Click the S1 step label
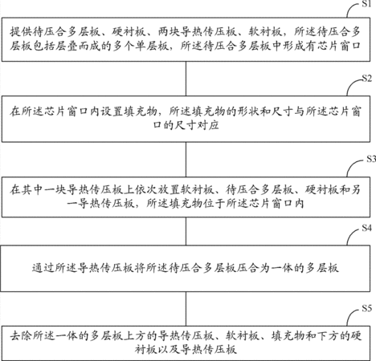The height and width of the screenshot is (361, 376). pyautogui.click(x=366, y=4)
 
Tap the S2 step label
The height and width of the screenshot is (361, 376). pyautogui.click(x=366, y=78)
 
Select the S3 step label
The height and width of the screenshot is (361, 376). pyautogui.click(x=371, y=159)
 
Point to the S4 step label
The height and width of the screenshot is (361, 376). pyautogui.click(x=366, y=228)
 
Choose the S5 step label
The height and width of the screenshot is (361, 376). pyautogui.click(x=366, y=308)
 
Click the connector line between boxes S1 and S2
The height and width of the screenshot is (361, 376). pyautogui.click(x=186, y=79)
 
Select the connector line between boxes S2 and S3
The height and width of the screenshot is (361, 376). pyautogui.click(x=186, y=160)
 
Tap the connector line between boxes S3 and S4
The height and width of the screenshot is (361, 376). pyautogui.click(x=186, y=231)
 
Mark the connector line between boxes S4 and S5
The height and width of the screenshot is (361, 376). pyautogui.click(x=186, y=309)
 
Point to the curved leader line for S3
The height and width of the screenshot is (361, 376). pyautogui.click(x=351, y=166)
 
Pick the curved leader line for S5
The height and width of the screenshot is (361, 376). pyautogui.click(x=350, y=315)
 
